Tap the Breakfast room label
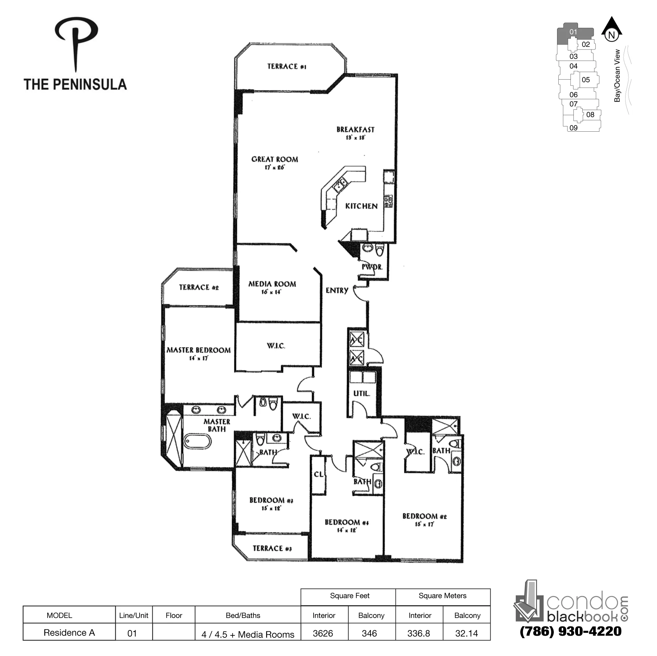355,130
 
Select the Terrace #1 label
286,66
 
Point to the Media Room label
272,284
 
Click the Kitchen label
361,206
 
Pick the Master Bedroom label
198,350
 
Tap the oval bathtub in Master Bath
198,442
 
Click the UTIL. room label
361,394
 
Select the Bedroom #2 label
424,516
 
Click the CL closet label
319,474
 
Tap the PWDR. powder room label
372,267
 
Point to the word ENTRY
337,291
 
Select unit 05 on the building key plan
586,80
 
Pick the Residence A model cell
69,633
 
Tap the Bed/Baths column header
243,615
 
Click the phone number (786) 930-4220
570,631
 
